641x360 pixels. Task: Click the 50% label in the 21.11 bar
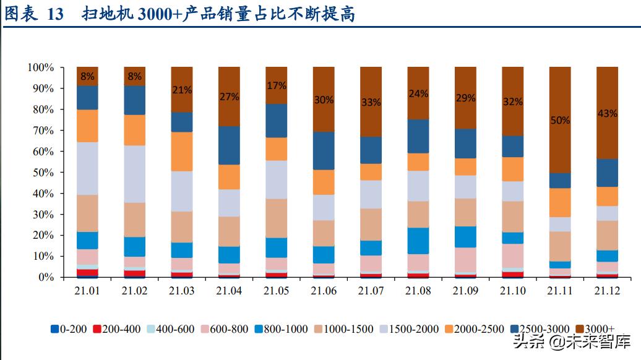pyautogui.click(x=560, y=121)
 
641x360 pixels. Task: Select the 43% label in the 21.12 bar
pyautogui.click(x=607, y=114)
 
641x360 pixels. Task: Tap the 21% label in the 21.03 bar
pyautogui.click(x=182, y=90)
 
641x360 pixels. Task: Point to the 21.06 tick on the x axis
pyautogui.click(x=324, y=290)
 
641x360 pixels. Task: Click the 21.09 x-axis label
pyautogui.click(x=465, y=290)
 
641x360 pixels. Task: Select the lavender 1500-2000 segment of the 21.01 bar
pyautogui.click(x=87, y=168)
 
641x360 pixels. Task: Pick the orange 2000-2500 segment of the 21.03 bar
pyautogui.click(x=182, y=152)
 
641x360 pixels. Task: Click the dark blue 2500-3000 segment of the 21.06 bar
pyautogui.click(x=324, y=150)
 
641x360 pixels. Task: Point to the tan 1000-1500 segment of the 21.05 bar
pyautogui.click(x=277, y=218)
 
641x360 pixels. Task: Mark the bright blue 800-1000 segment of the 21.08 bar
pyautogui.click(x=418, y=241)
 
